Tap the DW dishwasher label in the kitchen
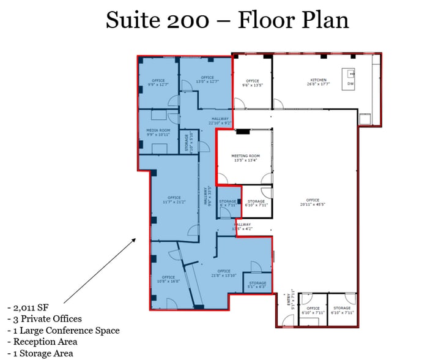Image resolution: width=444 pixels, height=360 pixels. (x=350, y=83)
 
